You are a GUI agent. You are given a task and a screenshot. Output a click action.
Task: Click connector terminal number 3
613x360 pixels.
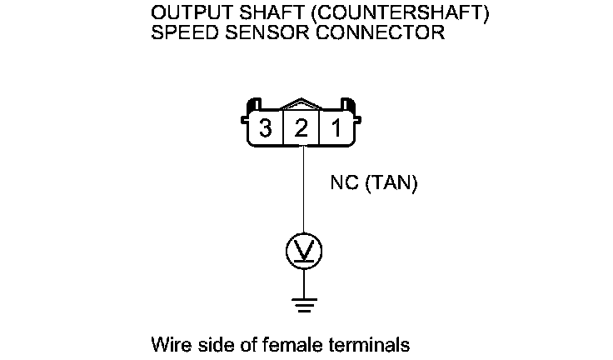[265, 129]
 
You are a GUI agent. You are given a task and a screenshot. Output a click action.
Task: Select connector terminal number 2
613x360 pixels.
[302, 129]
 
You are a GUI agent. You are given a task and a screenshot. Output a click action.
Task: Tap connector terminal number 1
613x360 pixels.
[337, 129]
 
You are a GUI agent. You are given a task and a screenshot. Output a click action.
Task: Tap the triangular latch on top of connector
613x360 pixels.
[302, 107]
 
